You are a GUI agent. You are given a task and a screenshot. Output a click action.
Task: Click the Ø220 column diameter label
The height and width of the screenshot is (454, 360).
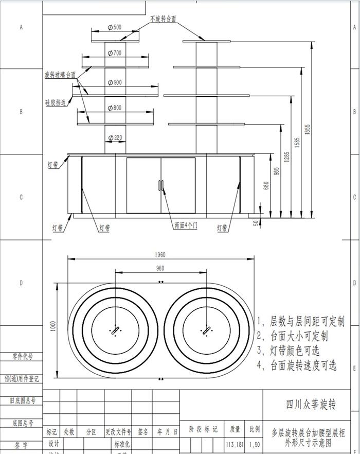115,137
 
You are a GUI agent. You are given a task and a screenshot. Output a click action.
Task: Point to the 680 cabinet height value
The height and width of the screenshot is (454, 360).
266,185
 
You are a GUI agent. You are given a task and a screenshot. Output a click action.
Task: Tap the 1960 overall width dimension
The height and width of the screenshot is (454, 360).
160,254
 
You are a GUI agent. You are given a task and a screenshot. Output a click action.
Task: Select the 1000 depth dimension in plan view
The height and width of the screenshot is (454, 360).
53,329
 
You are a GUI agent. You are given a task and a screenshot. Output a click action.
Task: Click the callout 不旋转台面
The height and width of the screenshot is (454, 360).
164,18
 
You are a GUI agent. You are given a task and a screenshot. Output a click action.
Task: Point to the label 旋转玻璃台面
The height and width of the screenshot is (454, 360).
60,75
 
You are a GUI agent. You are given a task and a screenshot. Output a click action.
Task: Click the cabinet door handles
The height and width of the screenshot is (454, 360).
160,185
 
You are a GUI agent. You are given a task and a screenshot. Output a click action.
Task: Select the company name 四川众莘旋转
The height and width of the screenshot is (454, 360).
311,406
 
